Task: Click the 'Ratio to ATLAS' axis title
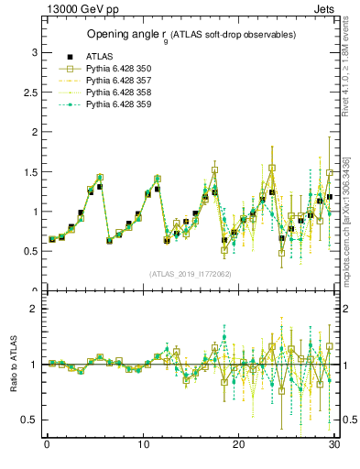[x=14, y=364]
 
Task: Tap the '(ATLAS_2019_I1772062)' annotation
[x=191, y=274]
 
